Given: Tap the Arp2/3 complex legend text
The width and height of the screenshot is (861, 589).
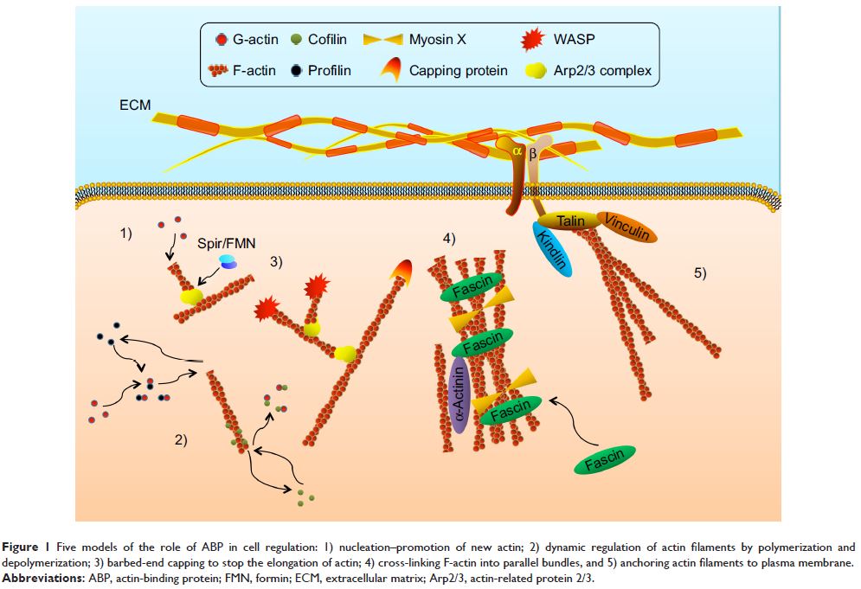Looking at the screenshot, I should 602,70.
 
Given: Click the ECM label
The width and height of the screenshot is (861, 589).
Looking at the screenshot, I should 135,106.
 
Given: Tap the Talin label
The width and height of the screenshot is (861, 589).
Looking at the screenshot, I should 570,221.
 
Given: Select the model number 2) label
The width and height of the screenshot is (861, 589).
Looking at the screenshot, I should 181,439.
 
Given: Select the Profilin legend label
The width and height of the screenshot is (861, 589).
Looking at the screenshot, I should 330,70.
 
